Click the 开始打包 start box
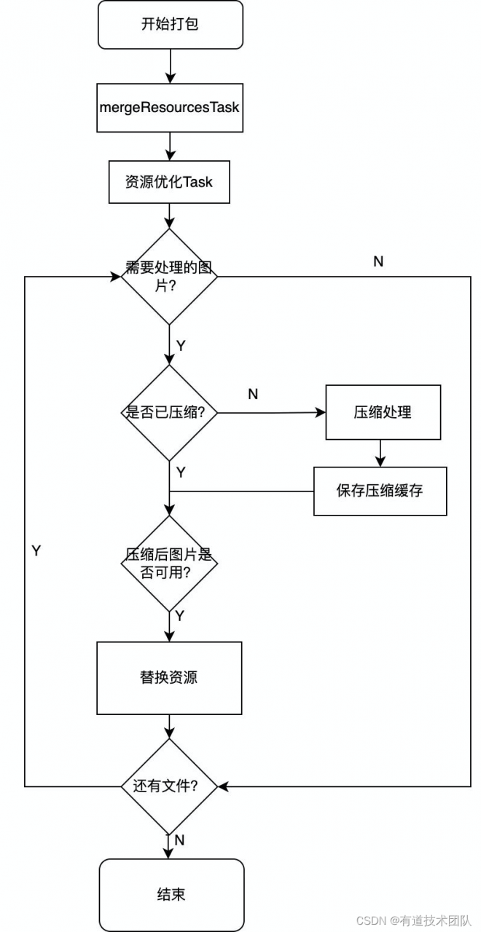click(x=170, y=25)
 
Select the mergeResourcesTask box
click(x=170, y=108)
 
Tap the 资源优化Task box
click(x=169, y=182)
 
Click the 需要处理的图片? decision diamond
click(x=169, y=277)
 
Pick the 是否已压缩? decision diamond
click(x=169, y=413)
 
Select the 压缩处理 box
click(x=383, y=412)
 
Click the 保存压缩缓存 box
click(x=380, y=491)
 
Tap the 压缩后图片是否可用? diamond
click(x=169, y=564)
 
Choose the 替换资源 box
click(x=169, y=677)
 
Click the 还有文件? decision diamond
click(x=169, y=786)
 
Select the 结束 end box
click(x=171, y=894)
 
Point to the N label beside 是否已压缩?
click(x=253, y=394)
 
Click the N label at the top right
click(x=378, y=261)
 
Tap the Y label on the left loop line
click(x=36, y=551)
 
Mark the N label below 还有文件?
click(x=180, y=840)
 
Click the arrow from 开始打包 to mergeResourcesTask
click(x=170, y=66)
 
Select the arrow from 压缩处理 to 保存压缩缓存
click(x=380, y=453)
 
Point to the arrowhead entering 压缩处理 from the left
click(x=321, y=412)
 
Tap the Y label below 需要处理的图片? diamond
click(x=181, y=345)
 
